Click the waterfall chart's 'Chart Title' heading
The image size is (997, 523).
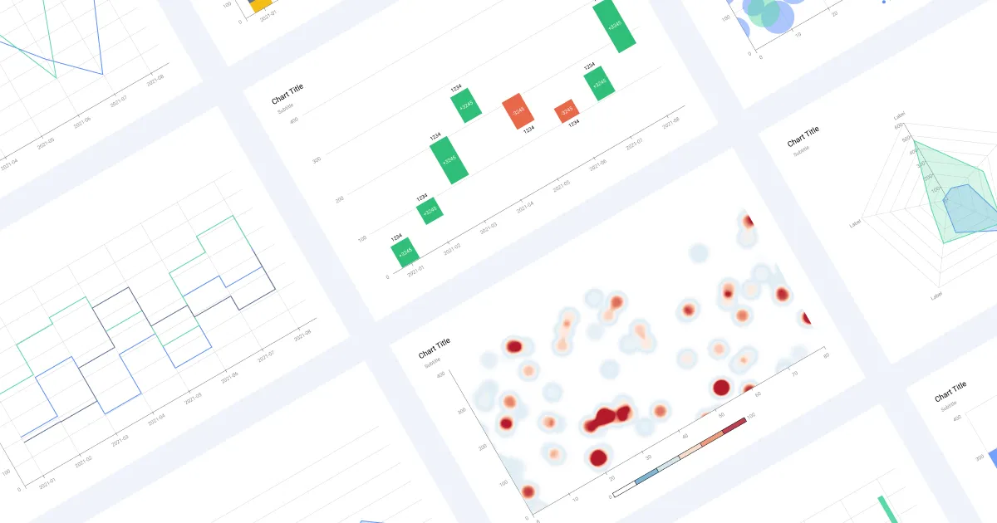(x=287, y=96)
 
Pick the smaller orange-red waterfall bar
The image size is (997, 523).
(x=567, y=110)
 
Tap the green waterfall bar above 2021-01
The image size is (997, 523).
(x=405, y=252)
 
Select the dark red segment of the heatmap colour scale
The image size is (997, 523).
(x=734, y=425)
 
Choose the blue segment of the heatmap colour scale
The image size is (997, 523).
(x=646, y=477)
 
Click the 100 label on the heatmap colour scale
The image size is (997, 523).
(x=752, y=414)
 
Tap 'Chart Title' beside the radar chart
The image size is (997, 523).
(x=803, y=136)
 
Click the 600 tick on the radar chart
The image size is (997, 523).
(x=907, y=138)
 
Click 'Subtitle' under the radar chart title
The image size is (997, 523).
(x=801, y=151)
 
